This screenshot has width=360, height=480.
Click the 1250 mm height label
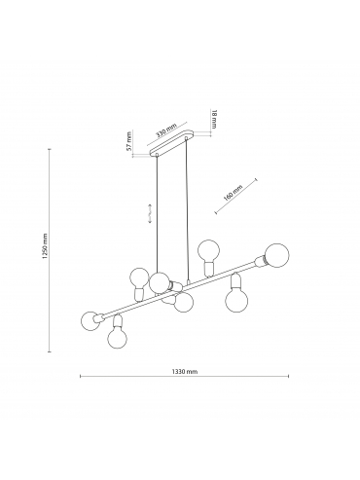coord(45,246)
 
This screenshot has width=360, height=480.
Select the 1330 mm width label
coord(185,372)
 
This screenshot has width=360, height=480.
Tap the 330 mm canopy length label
coord(166,130)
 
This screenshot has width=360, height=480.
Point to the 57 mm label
coord(129,141)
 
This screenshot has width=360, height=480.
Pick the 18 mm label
coord(214,119)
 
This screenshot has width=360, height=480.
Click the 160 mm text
coord(234,193)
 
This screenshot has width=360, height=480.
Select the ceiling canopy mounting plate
coord(171,143)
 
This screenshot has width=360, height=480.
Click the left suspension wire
coord(158,214)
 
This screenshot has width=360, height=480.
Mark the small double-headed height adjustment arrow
coord(150,213)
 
